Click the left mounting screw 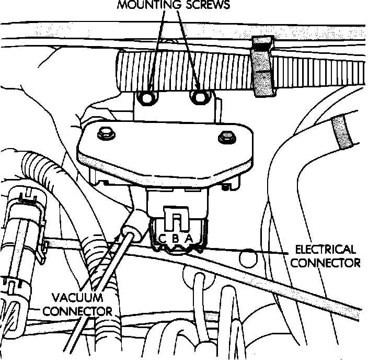click(x=147, y=97)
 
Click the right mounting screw click(x=199, y=97)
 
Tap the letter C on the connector click(x=163, y=239)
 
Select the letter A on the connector click(x=189, y=239)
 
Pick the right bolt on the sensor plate click(x=227, y=137)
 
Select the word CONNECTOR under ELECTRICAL click(x=325, y=262)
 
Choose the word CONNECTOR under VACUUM click(x=77, y=311)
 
